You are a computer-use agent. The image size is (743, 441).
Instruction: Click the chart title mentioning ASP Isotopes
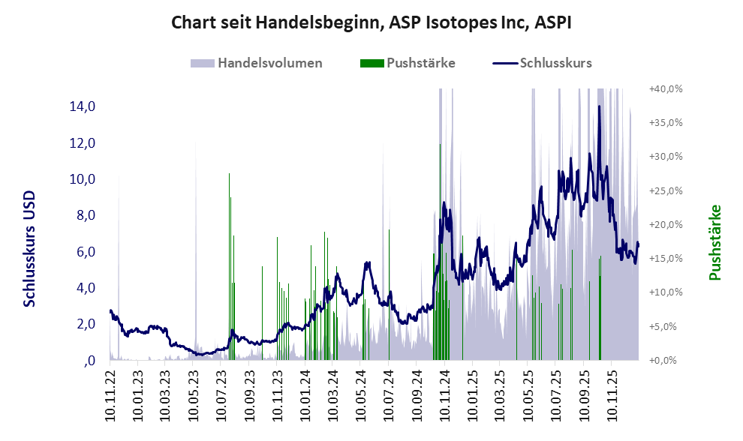[371, 22]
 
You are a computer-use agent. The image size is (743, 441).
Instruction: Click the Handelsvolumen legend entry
[269, 63]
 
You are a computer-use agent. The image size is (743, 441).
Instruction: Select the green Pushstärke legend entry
[420, 63]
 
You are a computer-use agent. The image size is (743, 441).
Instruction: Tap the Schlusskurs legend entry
[555, 63]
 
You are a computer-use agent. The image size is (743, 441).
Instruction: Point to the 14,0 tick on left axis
[82, 106]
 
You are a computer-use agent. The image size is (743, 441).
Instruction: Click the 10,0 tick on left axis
[82, 179]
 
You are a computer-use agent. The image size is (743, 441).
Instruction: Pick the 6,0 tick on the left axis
[82, 251]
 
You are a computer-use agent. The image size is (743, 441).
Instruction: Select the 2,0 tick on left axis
[82, 324]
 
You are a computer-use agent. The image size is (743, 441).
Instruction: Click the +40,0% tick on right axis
[665, 88]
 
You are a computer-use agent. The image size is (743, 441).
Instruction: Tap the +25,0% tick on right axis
[665, 190]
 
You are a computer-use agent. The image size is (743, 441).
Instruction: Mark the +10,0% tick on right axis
[665, 292]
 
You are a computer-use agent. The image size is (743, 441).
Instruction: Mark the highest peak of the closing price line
[599, 106]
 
